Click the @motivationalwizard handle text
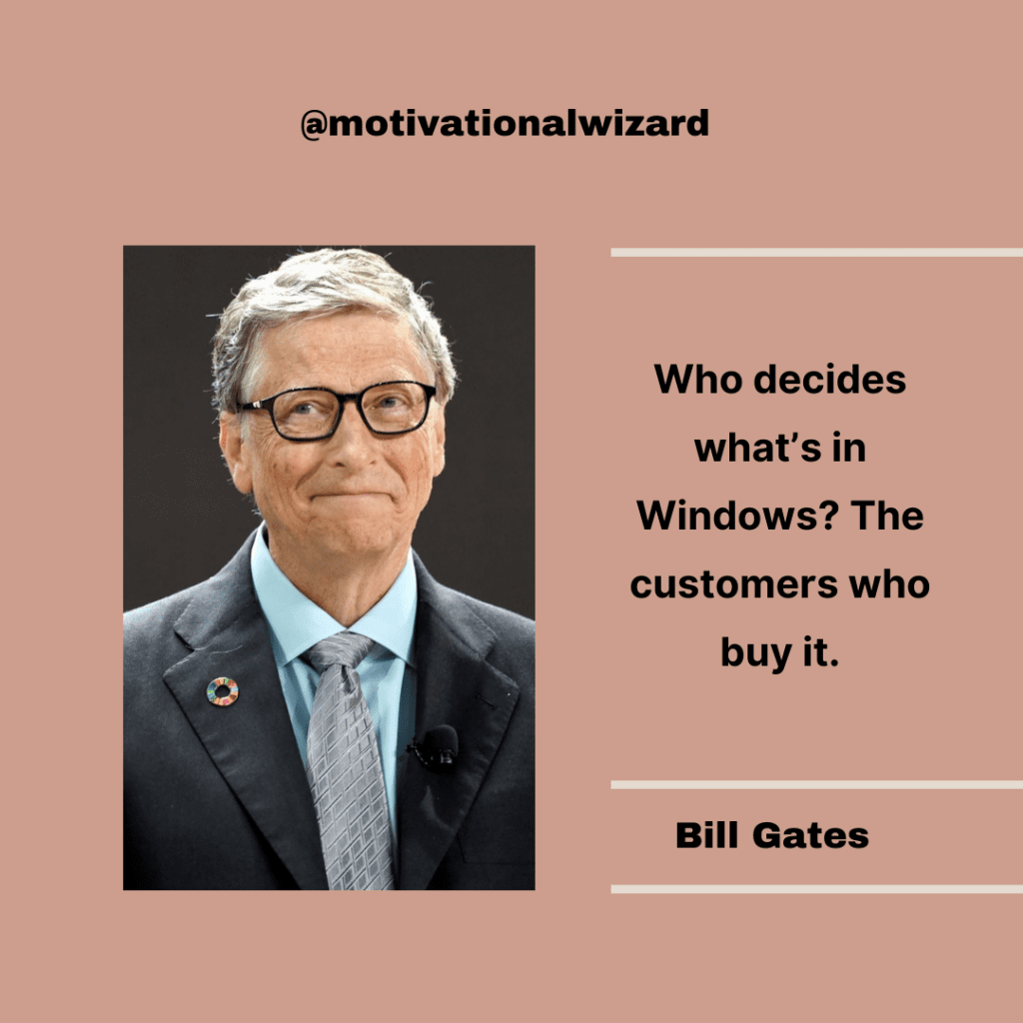point(505,124)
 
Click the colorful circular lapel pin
point(222,690)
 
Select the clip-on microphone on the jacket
point(437,746)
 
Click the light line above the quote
point(816,253)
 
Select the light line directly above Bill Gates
point(816,785)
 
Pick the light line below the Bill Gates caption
point(816,888)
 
